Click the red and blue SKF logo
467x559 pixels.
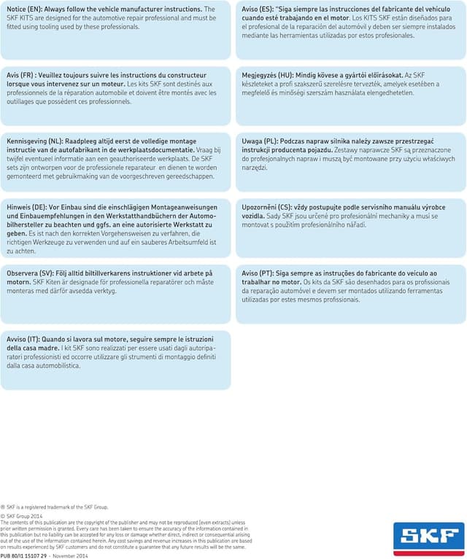point(428,539)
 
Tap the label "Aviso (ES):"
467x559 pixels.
point(257,9)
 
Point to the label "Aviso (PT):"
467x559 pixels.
point(257,273)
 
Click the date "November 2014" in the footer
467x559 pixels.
point(72,555)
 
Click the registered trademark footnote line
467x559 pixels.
point(54,507)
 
